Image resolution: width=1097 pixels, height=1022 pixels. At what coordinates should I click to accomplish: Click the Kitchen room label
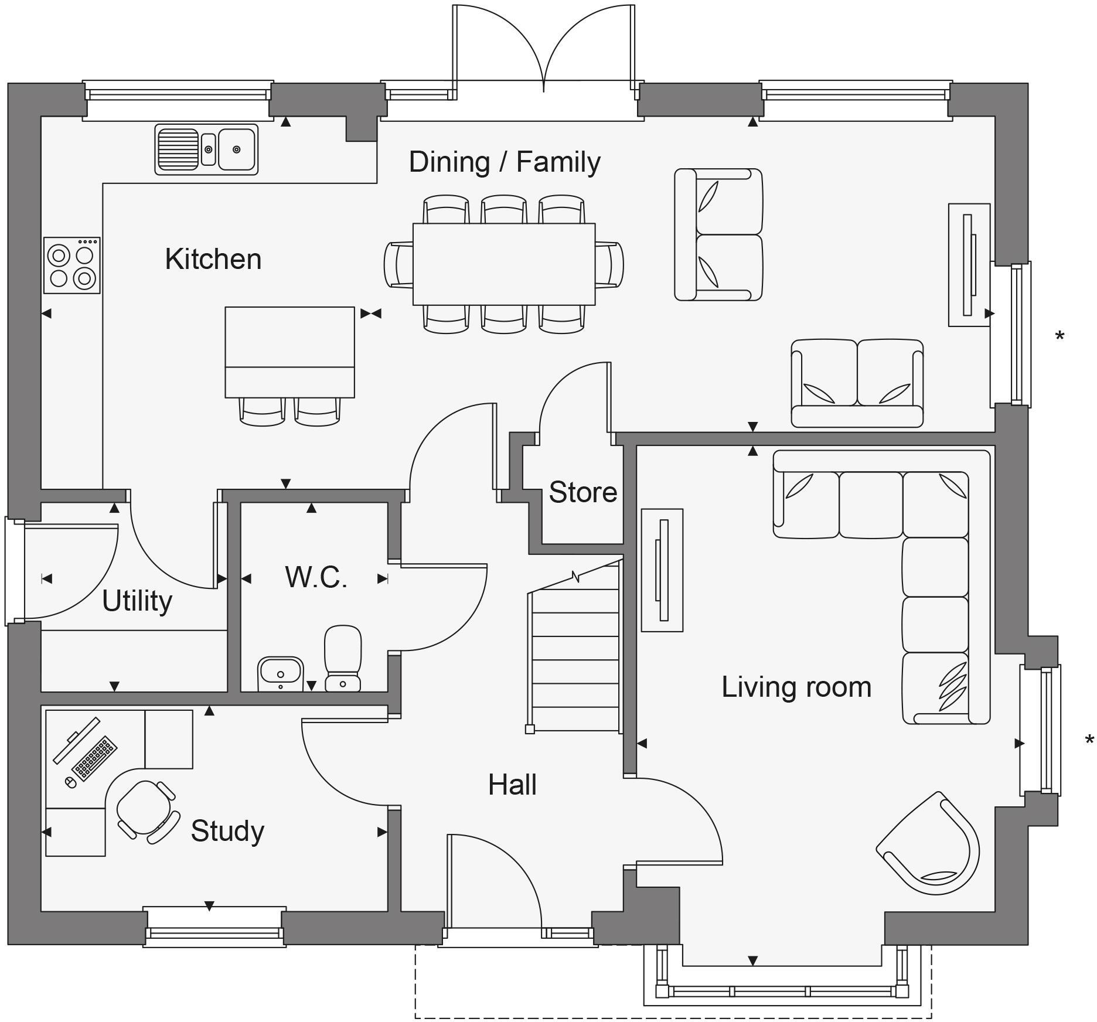213,259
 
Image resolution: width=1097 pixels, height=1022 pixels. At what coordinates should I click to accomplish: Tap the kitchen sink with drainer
206,149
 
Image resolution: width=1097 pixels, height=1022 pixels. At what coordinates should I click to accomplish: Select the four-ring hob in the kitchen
72,265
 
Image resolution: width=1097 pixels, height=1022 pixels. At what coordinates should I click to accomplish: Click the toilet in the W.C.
343,658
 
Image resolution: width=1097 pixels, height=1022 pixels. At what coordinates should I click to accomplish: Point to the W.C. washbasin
280,673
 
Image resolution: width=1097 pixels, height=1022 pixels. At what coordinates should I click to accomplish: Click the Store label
582,492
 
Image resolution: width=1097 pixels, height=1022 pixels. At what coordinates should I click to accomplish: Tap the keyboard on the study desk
94,758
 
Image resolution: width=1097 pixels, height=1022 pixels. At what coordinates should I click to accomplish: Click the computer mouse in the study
70,782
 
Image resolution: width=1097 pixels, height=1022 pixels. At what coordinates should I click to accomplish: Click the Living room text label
796,687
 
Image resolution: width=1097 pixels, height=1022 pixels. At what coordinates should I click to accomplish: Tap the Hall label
512,785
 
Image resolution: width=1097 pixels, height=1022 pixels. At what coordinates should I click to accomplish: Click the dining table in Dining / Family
504,264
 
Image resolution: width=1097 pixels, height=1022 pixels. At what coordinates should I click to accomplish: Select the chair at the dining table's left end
398,264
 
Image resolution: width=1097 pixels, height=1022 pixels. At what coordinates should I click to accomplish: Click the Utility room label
137,601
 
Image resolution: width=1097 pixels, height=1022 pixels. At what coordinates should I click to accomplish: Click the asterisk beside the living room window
1089,740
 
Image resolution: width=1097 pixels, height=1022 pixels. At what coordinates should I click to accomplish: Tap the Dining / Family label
505,162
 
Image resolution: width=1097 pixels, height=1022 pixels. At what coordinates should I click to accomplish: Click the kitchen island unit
289,352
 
